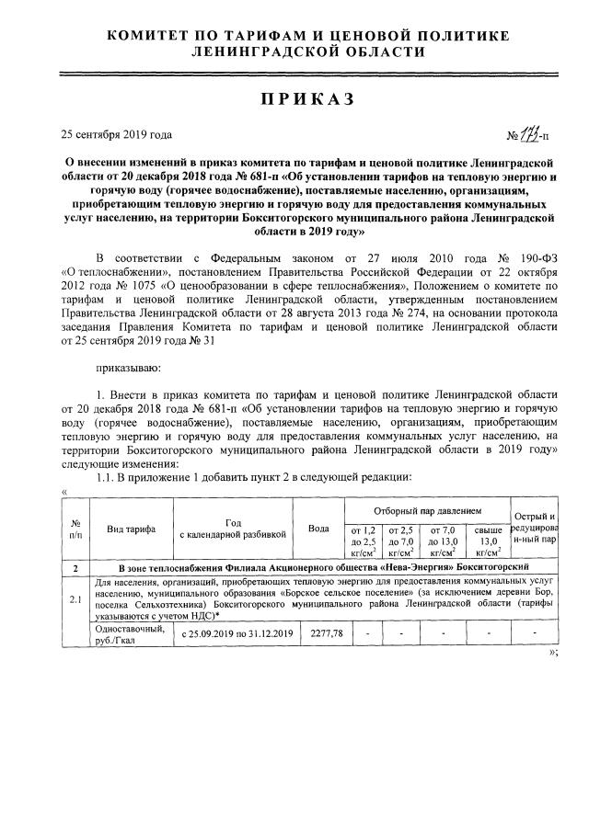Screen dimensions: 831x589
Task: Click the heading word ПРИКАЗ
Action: click(x=295, y=98)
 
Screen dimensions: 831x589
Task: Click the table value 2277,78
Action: click(x=320, y=634)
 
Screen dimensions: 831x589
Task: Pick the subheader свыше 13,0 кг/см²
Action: click(x=488, y=541)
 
